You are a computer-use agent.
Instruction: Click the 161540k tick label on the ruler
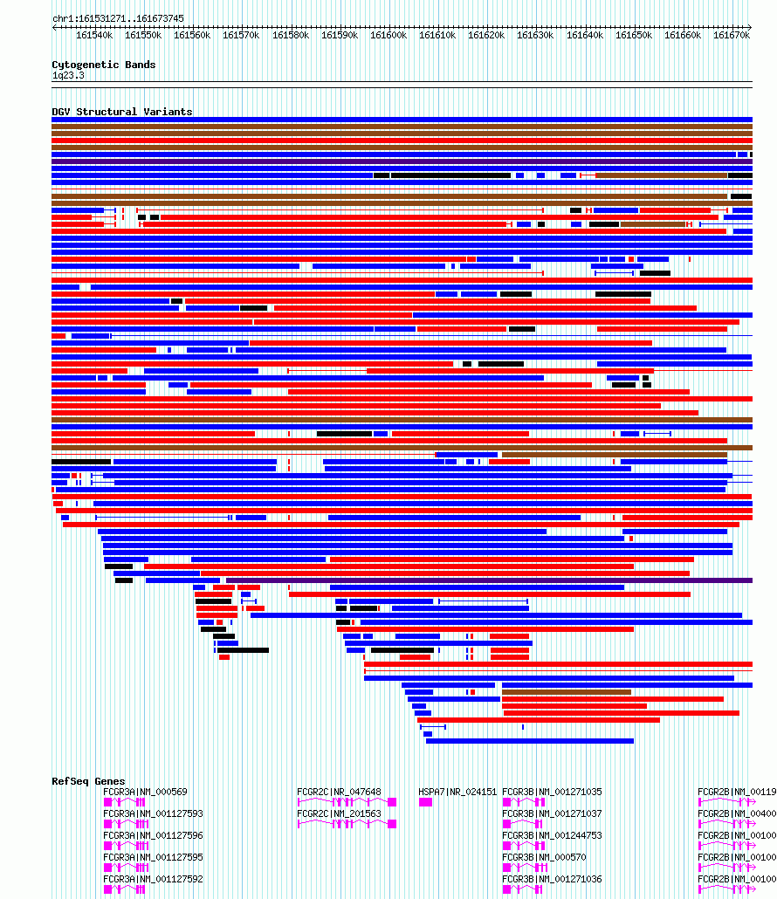pos(94,35)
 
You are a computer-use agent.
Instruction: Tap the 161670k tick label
pos(732,35)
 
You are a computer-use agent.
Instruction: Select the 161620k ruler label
pos(486,35)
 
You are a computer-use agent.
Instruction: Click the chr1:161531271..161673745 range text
pos(118,18)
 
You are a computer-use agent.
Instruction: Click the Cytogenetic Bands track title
pos(103,65)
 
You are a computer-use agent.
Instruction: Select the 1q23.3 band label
pos(68,76)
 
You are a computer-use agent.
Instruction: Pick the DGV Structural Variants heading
pos(121,112)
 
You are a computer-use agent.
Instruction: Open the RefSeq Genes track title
pos(88,781)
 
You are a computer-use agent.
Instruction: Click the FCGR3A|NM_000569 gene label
pos(145,793)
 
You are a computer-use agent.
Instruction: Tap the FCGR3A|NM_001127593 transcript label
pos(153,814)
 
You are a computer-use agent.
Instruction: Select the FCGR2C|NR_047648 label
pos(339,793)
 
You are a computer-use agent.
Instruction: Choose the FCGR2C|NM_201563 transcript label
pos(339,814)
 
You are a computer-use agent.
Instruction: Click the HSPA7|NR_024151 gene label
pos(457,793)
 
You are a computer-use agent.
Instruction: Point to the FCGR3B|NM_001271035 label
pos(552,793)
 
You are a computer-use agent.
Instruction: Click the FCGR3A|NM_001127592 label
pos(153,880)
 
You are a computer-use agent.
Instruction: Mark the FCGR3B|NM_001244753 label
pos(552,836)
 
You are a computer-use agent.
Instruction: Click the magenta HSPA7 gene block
pos(425,802)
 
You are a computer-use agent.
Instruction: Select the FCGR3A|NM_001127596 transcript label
pos(153,836)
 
